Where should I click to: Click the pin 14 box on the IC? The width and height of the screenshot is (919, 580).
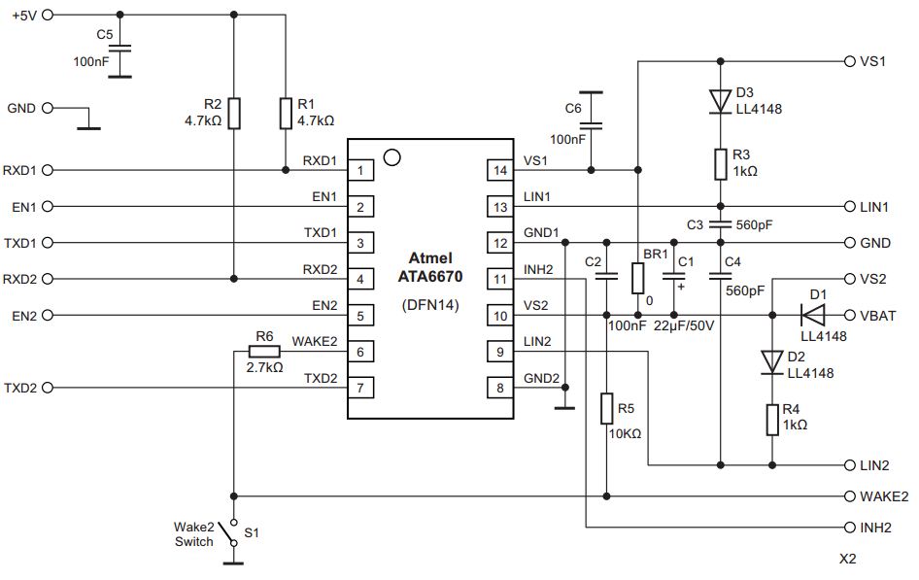[499, 170]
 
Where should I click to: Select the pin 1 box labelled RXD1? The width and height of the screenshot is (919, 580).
[361, 170]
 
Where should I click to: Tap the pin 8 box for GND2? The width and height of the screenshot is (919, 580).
[499, 388]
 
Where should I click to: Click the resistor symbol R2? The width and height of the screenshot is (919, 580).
[235, 113]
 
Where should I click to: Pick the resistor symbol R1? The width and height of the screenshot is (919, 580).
[284, 113]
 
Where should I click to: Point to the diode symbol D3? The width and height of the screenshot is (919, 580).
[720, 99]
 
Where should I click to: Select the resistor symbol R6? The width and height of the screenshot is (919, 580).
[263, 352]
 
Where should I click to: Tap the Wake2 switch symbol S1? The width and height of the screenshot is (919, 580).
[228, 533]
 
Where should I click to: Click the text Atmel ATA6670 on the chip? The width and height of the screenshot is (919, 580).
[430, 268]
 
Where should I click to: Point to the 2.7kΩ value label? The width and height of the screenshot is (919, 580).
[264, 368]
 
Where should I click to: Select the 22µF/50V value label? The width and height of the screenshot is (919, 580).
[684, 326]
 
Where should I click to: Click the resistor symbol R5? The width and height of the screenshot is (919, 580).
[606, 409]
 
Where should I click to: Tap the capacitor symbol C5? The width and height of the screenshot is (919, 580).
[119, 51]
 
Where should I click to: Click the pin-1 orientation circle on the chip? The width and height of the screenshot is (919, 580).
[391, 155]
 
